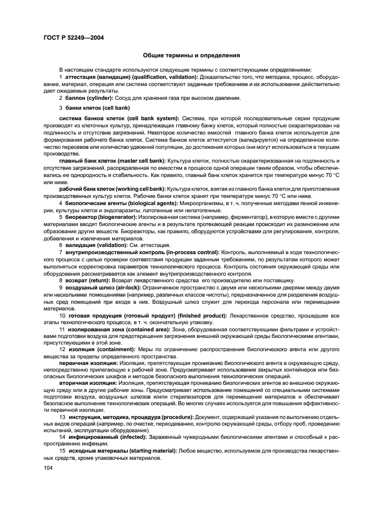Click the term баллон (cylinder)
click(89, 98)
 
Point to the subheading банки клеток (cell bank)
click(98, 108)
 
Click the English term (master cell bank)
click(142, 160)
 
